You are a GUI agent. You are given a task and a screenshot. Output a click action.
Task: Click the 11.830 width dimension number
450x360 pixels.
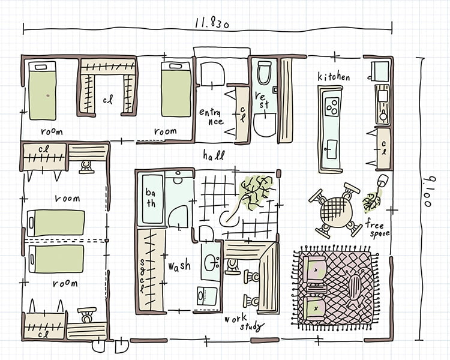[212, 22]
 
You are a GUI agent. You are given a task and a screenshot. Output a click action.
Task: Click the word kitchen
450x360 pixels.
[334, 76]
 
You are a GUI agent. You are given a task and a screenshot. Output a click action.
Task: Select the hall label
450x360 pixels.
[214, 155]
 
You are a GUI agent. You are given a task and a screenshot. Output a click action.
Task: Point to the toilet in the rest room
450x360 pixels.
[265, 72]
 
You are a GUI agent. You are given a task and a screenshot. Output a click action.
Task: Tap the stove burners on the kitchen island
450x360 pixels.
[331, 106]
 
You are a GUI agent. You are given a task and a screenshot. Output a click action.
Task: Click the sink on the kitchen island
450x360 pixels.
[332, 149]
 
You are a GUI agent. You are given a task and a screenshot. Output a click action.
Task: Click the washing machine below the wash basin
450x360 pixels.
[206, 296]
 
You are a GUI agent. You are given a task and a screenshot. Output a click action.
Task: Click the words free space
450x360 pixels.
[377, 229]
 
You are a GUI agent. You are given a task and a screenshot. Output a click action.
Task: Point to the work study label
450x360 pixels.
[244, 322]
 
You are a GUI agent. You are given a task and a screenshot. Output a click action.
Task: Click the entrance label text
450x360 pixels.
[212, 116]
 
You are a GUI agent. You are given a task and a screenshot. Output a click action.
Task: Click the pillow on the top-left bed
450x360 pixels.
[41, 67]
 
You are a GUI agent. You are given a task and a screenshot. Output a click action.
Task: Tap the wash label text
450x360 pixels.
[179, 265]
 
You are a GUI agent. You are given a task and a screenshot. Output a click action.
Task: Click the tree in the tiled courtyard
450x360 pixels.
[254, 191]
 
